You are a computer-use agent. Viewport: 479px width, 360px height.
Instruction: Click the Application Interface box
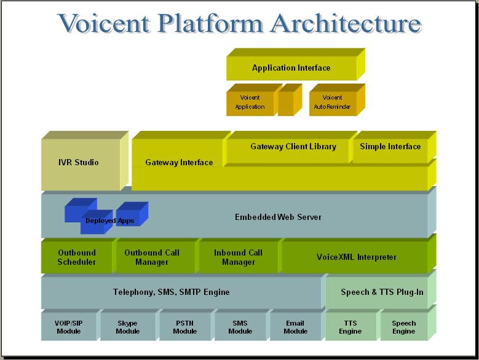(291, 68)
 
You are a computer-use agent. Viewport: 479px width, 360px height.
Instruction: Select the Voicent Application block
(250, 103)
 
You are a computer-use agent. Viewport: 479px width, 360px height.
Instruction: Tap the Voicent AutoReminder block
(332, 103)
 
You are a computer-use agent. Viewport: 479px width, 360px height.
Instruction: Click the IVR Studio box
(78, 163)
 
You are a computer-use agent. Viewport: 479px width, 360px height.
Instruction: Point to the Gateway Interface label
(179, 163)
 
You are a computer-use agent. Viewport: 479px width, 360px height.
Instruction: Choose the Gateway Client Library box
(293, 147)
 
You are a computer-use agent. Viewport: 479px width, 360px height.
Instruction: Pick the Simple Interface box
(390, 147)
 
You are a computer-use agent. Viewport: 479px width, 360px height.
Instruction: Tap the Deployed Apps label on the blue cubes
(109, 221)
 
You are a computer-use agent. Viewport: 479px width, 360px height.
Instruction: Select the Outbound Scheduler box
(77, 257)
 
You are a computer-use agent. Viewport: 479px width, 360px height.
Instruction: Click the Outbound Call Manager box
(155, 257)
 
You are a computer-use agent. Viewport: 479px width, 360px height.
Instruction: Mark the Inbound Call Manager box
(238, 257)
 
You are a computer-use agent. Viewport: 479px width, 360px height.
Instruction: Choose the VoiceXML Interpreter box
(356, 257)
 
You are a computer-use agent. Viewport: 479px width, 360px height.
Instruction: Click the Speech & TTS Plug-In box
(382, 292)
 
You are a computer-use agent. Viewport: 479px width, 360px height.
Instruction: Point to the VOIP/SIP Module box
(69, 327)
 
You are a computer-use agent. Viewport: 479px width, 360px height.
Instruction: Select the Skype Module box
(127, 327)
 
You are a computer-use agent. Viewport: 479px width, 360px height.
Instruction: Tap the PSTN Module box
(184, 327)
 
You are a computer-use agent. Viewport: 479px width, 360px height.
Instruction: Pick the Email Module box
(295, 327)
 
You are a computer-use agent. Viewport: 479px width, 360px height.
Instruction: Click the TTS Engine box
(350, 327)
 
